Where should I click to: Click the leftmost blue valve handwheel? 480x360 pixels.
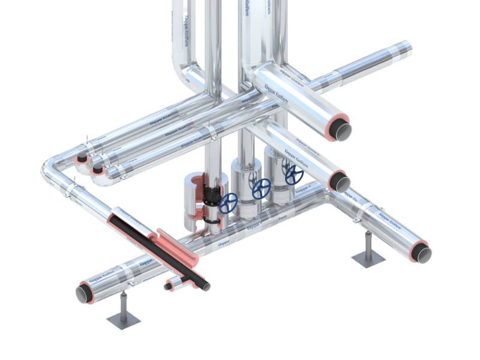pos(228,203)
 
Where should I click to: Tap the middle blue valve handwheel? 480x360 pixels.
pos(261,189)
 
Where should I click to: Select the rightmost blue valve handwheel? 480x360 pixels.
pos(294,175)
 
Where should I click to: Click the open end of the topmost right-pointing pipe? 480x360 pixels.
pos(343,130)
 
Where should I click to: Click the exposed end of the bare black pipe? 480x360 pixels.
pos(205,286)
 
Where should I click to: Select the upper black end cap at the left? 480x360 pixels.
pos(81,159)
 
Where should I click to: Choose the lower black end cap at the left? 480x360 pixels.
pos(95,170)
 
